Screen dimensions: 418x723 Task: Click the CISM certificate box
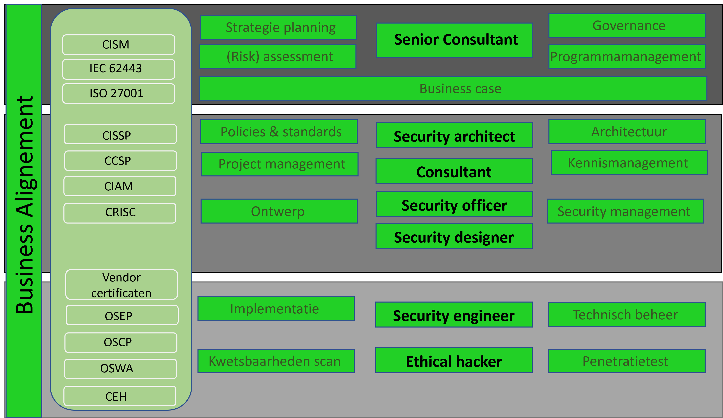pos(118,45)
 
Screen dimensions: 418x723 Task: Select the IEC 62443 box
pos(118,69)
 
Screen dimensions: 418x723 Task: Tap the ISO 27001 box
pos(118,93)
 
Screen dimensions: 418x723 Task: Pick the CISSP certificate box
pos(120,134)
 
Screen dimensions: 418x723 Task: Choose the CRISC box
pos(120,213)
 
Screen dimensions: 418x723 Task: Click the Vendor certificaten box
pos(121,285)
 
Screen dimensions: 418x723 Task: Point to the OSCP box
pos(121,342)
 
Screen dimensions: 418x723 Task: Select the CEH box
pos(120,396)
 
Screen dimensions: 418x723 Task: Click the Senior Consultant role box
pos(454,40)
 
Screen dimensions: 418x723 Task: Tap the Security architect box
pos(454,136)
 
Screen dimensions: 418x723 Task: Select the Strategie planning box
pos(278,28)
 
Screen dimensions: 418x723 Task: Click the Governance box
pos(627,26)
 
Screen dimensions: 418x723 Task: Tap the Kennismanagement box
pos(629,163)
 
